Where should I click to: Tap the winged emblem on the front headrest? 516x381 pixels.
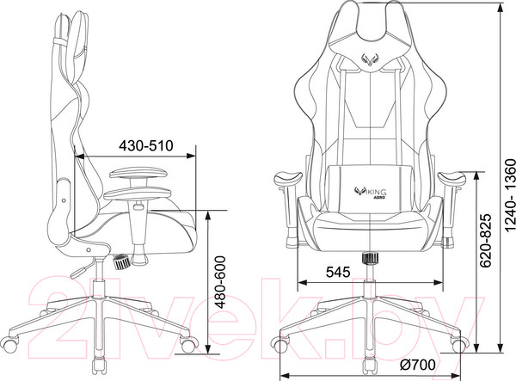[x=372, y=59]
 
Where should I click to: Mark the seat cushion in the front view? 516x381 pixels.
[x=372, y=228]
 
